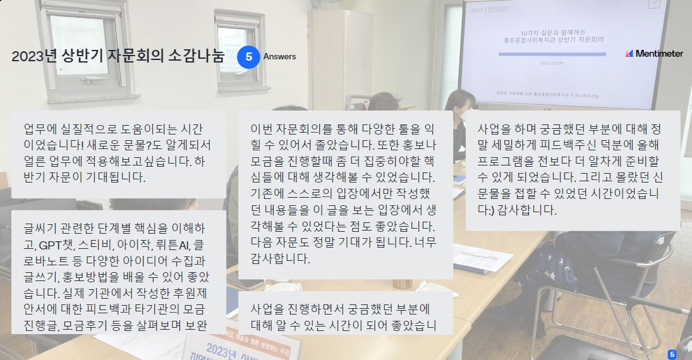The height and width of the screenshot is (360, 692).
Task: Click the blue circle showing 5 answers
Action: [x=249, y=57]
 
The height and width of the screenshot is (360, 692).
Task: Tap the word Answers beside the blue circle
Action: [x=279, y=57]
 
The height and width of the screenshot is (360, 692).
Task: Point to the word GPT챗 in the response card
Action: [x=56, y=244]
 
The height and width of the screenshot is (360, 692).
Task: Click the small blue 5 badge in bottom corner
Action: [x=672, y=354]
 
